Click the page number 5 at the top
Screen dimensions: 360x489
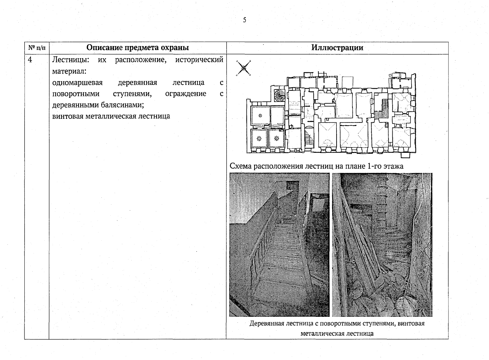pyautogui.click(x=245, y=20)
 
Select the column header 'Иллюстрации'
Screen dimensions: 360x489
pyautogui.click(x=337, y=48)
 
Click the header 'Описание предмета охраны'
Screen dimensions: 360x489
pyautogui.click(x=137, y=48)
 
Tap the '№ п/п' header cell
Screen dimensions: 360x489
pyautogui.click(x=37, y=48)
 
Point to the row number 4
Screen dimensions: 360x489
pyautogui.click(x=30, y=60)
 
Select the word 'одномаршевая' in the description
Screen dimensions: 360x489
pyautogui.click(x=77, y=82)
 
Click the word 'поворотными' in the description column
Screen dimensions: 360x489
pyautogui.click(x=76, y=94)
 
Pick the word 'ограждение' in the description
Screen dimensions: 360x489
pyautogui.click(x=186, y=94)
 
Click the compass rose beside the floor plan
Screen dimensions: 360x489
pyautogui.click(x=244, y=68)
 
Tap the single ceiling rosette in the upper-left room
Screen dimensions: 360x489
pyautogui.click(x=260, y=115)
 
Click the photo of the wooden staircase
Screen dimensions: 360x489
pyautogui.click(x=279, y=244)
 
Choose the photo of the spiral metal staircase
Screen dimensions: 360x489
pyautogui.click(x=382, y=244)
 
